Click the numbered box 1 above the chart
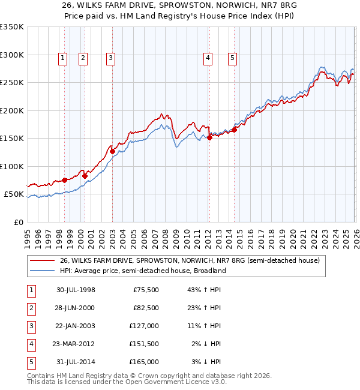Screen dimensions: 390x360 (x=63, y=58)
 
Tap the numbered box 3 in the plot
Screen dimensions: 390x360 (x=112, y=58)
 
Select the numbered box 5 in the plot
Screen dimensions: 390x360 (x=232, y=58)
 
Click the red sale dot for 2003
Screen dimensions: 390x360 (x=112, y=152)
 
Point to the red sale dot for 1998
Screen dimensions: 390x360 (x=64, y=180)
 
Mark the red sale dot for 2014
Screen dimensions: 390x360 (x=234, y=130)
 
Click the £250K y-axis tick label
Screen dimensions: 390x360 (x=11, y=83)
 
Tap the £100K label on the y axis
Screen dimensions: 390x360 (x=11, y=166)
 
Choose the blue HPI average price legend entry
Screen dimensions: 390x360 (x=142, y=271)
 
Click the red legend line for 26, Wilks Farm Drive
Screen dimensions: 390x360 (x=43, y=260)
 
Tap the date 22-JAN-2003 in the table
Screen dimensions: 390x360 (x=76, y=326)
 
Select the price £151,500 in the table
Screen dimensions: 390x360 (x=143, y=344)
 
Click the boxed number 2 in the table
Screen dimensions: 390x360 (x=31, y=308)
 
